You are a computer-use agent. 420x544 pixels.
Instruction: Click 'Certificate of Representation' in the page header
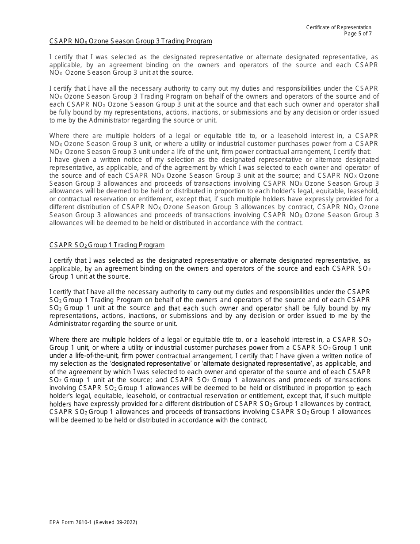(x=339, y=27)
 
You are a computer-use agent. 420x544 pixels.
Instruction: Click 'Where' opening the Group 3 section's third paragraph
(x=59, y=136)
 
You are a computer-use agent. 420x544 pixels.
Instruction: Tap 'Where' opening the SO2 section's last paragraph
(x=59, y=340)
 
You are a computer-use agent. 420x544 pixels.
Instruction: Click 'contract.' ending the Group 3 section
(x=290, y=223)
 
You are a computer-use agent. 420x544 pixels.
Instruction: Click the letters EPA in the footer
(x=55, y=522)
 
